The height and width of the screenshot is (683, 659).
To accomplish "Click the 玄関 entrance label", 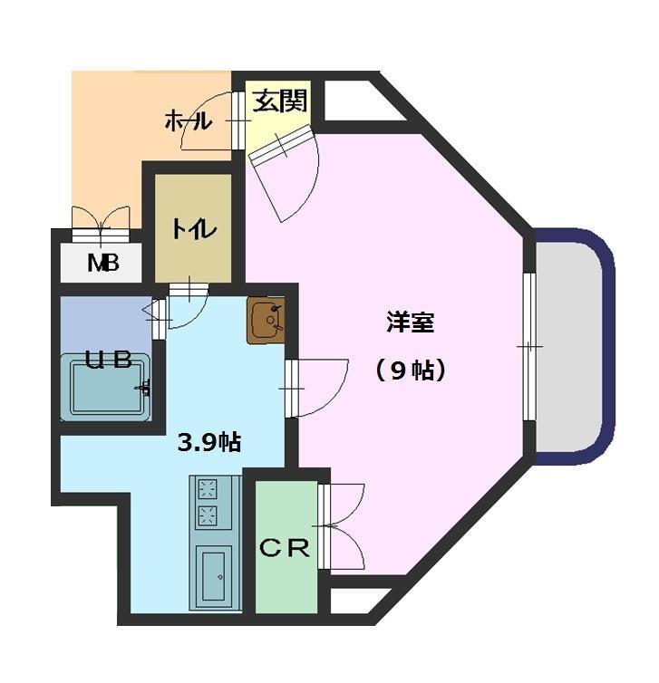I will [x=279, y=100].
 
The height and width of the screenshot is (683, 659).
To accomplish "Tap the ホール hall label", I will [x=188, y=120].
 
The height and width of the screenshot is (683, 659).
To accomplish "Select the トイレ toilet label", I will [x=194, y=229].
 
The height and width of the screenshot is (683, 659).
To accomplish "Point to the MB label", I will [x=102, y=265].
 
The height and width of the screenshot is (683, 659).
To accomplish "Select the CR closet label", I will [x=286, y=548].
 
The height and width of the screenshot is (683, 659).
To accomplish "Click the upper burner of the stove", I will [x=208, y=490].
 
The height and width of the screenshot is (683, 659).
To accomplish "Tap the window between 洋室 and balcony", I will [x=529, y=346].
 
